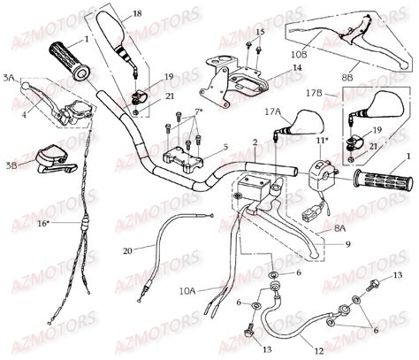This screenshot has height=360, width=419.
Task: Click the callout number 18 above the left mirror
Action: tap(136, 14)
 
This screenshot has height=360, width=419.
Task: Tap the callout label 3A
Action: tap(10, 79)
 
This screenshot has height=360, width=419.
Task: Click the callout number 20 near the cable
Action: tap(129, 250)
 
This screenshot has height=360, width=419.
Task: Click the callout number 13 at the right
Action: tap(397, 277)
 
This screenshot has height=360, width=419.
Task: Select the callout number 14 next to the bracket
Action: tap(298, 67)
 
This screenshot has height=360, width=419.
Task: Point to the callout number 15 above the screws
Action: tap(259, 32)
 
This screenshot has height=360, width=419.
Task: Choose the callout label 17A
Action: tap(270, 113)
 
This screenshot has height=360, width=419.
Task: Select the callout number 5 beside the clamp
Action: tap(225, 147)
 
